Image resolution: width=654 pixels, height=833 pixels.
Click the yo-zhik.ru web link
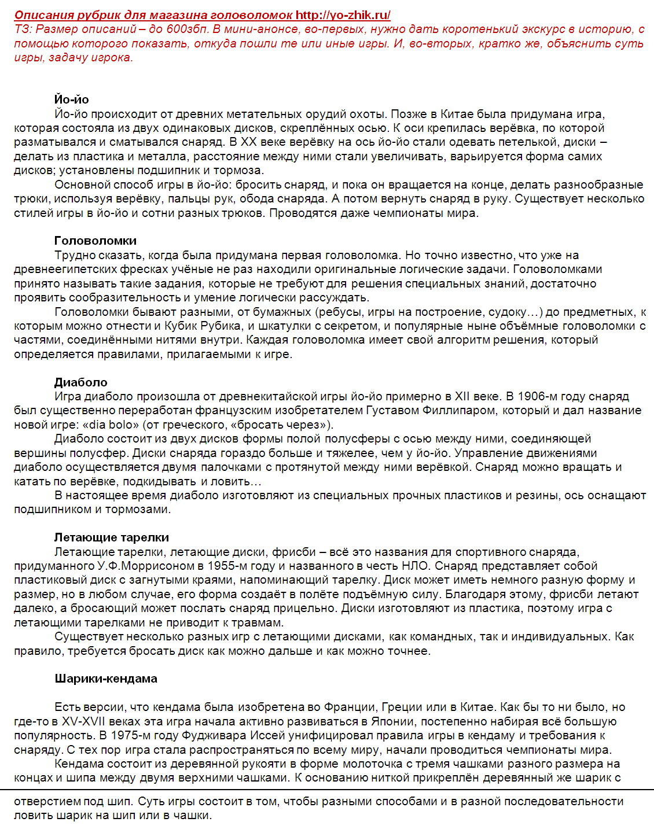coord(343,16)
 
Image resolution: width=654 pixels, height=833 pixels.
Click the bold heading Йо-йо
coord(72,99)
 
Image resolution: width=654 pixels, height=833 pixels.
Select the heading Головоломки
coord(95,241)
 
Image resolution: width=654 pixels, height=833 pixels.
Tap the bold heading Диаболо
coord(81,382)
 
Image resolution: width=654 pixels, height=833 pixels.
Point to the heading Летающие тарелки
coord(112,537)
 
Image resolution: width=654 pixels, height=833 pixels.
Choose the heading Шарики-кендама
coord(106,679)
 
